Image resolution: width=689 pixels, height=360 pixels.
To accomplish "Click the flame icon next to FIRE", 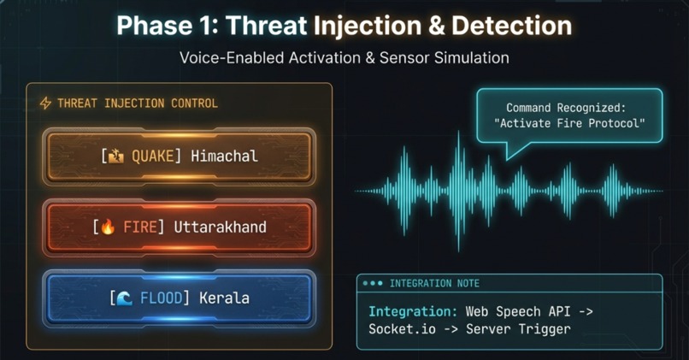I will (x=109, y=227).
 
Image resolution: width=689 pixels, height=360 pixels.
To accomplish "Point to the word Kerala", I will (x=226, y=298).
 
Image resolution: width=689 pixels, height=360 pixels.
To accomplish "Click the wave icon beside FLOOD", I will (x=125, y=298).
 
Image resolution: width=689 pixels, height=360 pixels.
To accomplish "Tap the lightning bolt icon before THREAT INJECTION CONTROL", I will (x=45, y=103).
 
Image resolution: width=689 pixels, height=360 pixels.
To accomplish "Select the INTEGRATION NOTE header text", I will (x=434, y=283).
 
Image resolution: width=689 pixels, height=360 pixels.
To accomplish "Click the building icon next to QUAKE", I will (x=116, y=156).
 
